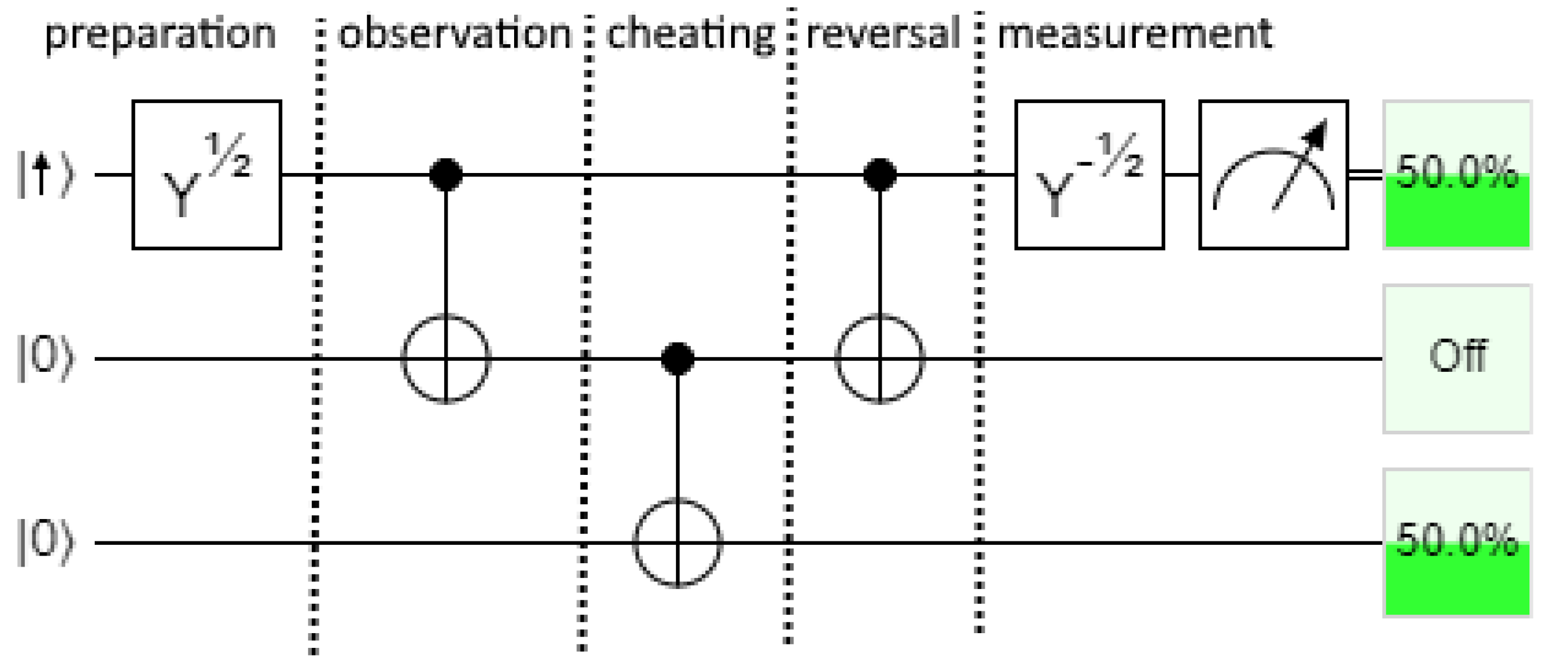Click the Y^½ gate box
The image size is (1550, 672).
click(206, 175)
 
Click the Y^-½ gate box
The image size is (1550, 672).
click(1089, 175)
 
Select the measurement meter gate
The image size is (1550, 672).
click(1273, 175)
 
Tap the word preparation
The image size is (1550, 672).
click(161, 34)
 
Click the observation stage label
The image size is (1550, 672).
click(454, 34)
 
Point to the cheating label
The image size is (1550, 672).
click(689, 34)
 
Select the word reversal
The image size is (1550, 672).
click(883, 34)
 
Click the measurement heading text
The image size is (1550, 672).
click(1134, 34)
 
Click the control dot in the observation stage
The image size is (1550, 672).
click(446, 175)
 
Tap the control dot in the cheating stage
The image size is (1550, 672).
click(678, 359)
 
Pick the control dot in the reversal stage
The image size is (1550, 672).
click(879, 175)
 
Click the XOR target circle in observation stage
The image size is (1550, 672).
click(446, 359)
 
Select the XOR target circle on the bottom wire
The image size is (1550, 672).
click(678, 543)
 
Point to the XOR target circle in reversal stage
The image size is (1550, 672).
click(879, 359)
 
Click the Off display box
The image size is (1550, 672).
click(1456, 359)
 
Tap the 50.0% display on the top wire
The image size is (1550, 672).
click(1456, 175)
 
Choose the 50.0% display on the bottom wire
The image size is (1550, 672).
click(1456, 543)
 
